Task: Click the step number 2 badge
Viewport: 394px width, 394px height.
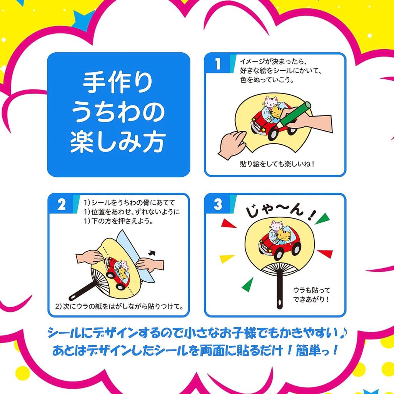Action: coord(62,205)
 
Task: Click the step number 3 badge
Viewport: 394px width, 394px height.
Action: coord(218,205)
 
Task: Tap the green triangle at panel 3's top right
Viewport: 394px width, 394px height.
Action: coord(325,218)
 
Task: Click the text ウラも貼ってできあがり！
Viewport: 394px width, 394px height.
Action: coord(311,294)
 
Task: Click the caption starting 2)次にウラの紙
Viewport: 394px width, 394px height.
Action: coord(119,307)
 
